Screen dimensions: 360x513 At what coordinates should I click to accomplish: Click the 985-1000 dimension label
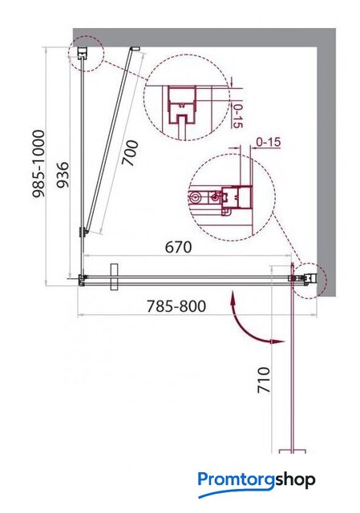tap(38, 164)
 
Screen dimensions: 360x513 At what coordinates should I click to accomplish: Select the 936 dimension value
tap(63, 175)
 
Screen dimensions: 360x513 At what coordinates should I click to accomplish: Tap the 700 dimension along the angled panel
tap(130, 153)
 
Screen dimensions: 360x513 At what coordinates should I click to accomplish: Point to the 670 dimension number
tap(178, 247)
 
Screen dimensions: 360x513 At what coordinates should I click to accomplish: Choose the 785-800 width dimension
tap(176, 306)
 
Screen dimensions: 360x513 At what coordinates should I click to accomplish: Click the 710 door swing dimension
tap(264, 380)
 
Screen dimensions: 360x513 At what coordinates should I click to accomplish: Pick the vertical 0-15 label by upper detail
tap(238, 115)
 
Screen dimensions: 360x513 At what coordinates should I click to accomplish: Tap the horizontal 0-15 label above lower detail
tap(269, 142)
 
